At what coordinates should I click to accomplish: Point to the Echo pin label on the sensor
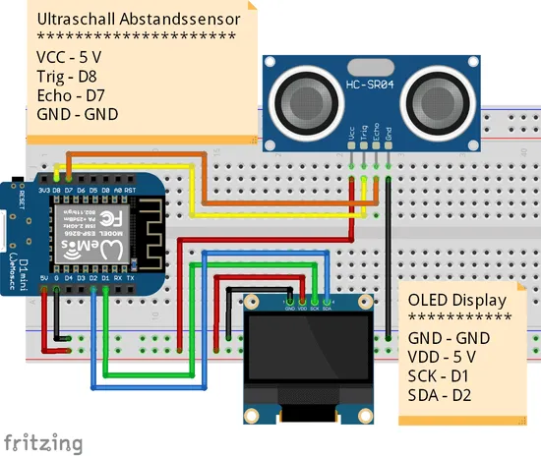coord(377,133)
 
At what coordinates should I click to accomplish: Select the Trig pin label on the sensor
coord(365,133)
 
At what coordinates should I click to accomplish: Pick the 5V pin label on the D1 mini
coord(43,278)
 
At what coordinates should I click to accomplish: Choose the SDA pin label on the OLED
coord(326,306)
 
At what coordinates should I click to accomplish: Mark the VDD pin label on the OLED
coord(302,306)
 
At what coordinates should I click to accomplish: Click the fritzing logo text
coord(41,441)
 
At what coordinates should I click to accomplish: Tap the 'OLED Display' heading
coord(456,300)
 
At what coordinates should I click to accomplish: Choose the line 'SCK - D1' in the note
coord(441,375)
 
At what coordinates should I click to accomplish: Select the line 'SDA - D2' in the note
coord(442,395)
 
